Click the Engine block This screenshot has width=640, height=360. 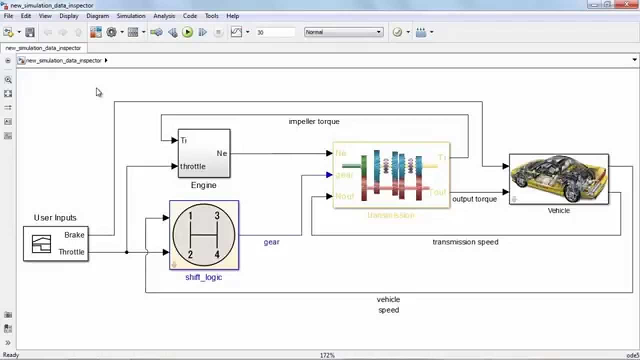tap(204, 153)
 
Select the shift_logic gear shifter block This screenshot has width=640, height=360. tap(204, 235)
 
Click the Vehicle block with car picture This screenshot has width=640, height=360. tap(558, 179)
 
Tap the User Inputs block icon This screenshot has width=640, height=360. tap(41, 244)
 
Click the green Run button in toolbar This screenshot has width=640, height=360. tap(187, 32)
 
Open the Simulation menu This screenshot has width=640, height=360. tap(131, 16)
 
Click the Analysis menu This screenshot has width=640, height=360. tap(164, 16)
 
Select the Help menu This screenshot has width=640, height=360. tap(232, 16)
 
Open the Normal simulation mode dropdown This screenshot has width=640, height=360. tap(343, 32)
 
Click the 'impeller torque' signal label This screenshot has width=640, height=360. tap(314, 121)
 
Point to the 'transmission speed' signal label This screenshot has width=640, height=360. tap(465, 242)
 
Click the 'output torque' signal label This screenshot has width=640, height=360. tap(474, 199)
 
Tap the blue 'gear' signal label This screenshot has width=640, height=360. tap(271, 242)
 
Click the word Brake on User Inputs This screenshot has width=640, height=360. tap(74, 235)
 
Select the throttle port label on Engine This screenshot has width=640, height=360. tap(193, 166)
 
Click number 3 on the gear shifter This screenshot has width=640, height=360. tap(217, 216)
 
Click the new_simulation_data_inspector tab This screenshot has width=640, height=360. tap(43, 48)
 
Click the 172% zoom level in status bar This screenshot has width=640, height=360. tap(327, 355)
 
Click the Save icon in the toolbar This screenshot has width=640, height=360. tap(30, 32)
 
